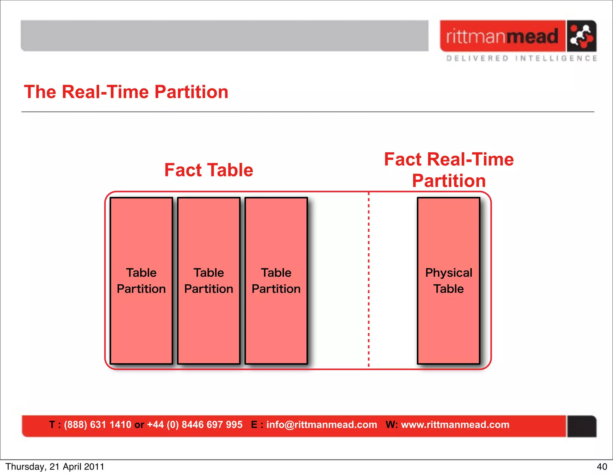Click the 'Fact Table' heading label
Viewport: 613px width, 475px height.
[209, 170]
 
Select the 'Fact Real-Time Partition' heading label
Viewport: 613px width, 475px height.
[449, 170]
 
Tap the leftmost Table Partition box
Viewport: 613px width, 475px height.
[141, 280]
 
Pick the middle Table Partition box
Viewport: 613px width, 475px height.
[209, 280]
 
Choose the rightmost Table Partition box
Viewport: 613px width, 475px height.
[276, 280]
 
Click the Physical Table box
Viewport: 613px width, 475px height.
[448, 280]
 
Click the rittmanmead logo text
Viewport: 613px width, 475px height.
[502, 36]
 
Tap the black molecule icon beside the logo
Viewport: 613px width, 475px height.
[581, 36]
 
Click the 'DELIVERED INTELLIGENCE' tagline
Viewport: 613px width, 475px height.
[521, 58]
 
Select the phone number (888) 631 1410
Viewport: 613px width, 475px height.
[98, 424]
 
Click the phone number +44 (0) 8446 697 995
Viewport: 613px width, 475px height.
[195, 424]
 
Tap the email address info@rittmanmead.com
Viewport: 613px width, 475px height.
[321, 424]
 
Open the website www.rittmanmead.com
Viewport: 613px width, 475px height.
[455, 424]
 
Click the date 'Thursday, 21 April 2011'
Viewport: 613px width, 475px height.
[55, 467]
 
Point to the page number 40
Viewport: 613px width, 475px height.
[602, 467]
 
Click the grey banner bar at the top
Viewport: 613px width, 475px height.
[224, 36]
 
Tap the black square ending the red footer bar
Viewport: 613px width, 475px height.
[582, 426]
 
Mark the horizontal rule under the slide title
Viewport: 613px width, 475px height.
[308, 112]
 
